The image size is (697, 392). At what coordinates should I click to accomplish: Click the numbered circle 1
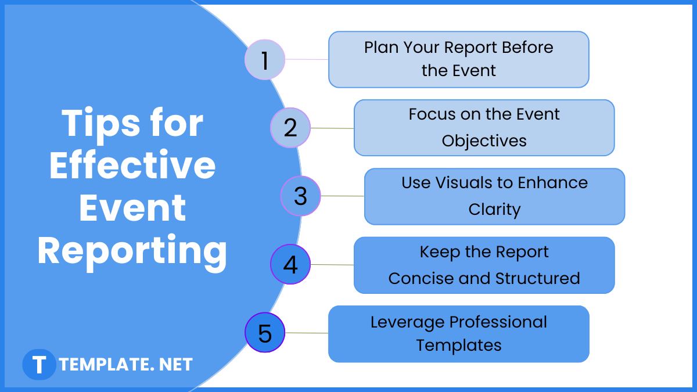(x=265, y=60)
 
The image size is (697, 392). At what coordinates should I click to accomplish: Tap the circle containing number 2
(x=290, y=128)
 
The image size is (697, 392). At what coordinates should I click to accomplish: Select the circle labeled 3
(x=300, y=196)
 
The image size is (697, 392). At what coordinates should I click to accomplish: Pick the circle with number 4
(x=290, y=265)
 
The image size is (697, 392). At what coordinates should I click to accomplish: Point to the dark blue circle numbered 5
(x=265, y=333)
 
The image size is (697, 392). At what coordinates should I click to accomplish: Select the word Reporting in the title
(x=132, y=251)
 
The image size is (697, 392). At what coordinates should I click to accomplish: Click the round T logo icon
(x=39, y=365)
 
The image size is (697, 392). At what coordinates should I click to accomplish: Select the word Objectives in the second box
(x=484, y=141)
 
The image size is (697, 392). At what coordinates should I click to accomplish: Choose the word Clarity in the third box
(x=494, y=209)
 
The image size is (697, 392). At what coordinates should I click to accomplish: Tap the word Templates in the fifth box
(x=458, y=345)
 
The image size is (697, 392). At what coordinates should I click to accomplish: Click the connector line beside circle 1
(x=307, y=59)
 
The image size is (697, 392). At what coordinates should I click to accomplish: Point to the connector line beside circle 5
(x=307, y=333)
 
